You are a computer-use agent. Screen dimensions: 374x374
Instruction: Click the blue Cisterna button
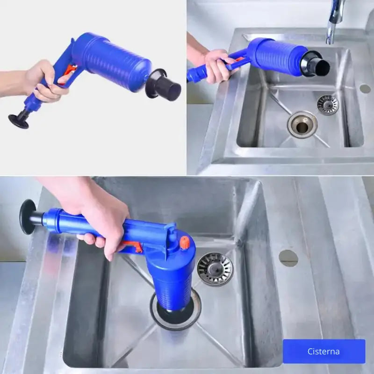pos(324,351)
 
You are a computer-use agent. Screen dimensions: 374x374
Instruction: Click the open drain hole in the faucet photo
pos(302,125)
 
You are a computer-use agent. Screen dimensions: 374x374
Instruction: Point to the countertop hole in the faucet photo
pos(365,88)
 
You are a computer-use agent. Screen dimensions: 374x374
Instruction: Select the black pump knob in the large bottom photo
pos(28,216)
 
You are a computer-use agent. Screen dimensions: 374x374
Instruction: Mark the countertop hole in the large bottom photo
pos(288,257)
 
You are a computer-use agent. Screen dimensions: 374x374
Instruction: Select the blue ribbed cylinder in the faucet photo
pos(276,55)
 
